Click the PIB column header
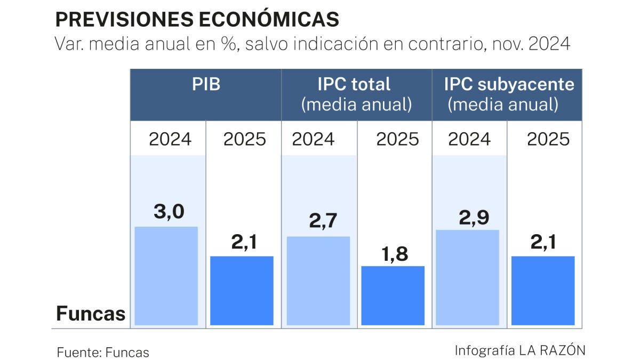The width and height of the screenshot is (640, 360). (x=206, y=85)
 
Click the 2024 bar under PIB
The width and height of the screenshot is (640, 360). (x=166, y=275)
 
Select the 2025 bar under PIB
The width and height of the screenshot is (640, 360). (x=242, y=290)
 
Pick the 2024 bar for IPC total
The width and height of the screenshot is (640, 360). (x=318, y=280)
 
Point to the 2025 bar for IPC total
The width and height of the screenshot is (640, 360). (x=393, y=295)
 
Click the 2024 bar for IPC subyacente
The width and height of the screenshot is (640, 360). (x=468, y=277)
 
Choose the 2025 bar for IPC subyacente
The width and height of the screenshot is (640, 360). (x=543, y=290)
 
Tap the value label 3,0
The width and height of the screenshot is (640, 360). (x=169, y=212)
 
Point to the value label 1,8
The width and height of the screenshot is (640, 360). (x=394, y=254)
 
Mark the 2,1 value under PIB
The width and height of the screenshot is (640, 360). (x=244, y=243)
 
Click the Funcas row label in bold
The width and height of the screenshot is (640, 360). (x=91, y=314)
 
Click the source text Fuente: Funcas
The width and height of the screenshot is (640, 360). (x=103, y=352)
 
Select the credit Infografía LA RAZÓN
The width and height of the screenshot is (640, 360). (x=520, y=350)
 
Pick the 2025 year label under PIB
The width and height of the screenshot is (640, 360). (x=244, y=139)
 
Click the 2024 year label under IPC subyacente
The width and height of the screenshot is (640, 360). (x=469, y=139)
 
